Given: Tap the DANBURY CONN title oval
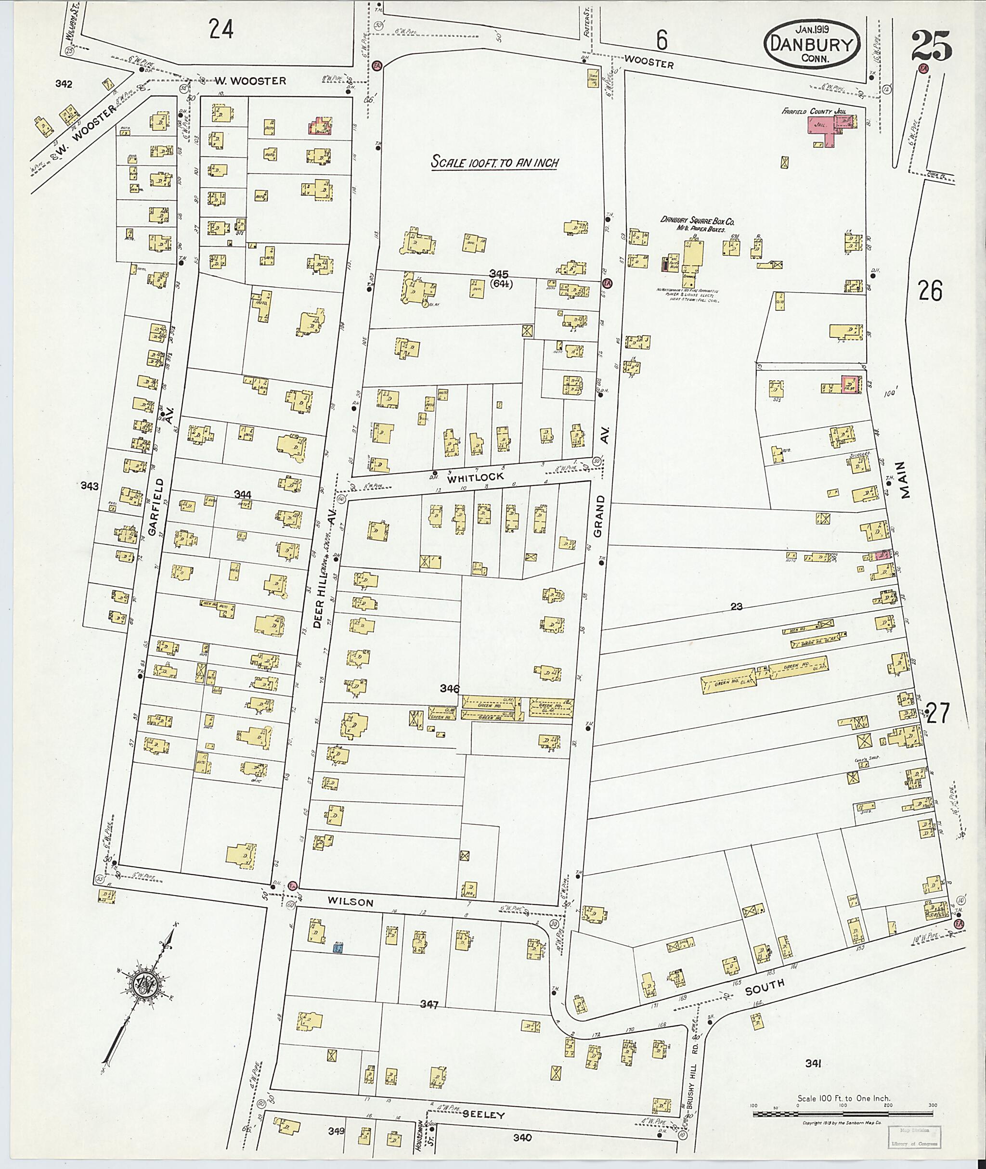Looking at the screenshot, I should coord(812,45).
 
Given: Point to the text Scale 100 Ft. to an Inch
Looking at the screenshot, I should coord(494,163).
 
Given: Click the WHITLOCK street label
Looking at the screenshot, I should coord(475,476).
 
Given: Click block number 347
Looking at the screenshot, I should coord(429,1004).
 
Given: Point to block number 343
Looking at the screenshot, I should coord(90,486).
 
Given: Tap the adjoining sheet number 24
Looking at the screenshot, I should coord(221,29).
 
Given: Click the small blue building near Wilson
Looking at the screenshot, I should coord(337,948).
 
